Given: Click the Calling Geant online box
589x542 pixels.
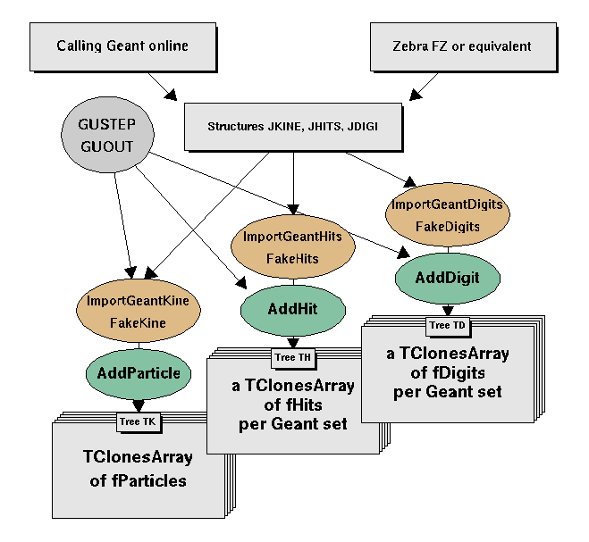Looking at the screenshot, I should coord(122,46).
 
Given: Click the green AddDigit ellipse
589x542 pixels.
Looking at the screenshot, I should coord(447,277).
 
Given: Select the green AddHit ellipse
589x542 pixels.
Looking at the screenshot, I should coord(292,310).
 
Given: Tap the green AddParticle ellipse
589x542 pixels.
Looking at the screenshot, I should coord(137,372).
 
